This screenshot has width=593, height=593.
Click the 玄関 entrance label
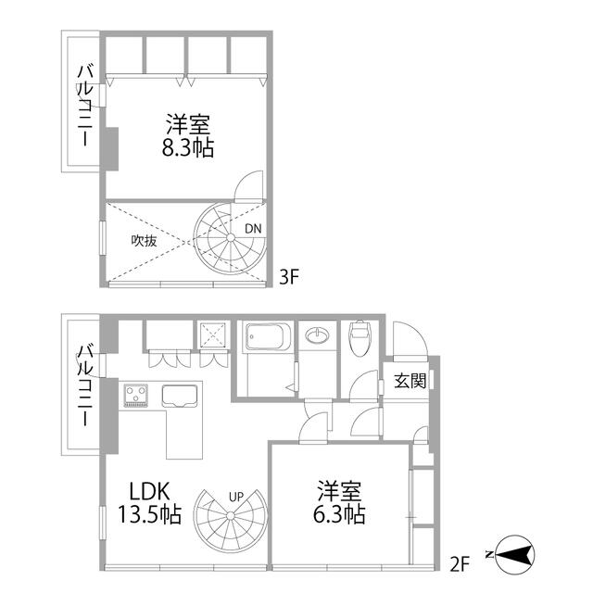click(410, 381)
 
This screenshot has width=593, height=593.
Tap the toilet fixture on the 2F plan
click(360, 337)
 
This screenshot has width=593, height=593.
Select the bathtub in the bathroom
click(268, 336)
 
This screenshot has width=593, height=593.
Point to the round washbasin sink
click(317, 335)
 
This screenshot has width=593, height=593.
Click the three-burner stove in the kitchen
click(136, 396)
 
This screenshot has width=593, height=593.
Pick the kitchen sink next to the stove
click(180, 396)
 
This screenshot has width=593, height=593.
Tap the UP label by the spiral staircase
click(236, 497)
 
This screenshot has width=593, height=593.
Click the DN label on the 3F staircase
click(253, 229)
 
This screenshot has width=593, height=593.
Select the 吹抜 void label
click(145, 241)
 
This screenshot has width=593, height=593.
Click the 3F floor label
click(289, 277)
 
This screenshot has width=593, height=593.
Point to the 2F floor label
click(460, 563)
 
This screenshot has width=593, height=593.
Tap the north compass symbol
click(515, 555)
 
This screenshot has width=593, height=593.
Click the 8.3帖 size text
click(188, 147)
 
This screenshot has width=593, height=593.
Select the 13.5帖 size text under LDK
click(150, 514)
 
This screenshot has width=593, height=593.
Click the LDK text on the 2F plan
click(149, 491)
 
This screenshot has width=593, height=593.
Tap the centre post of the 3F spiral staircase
click(231, 237)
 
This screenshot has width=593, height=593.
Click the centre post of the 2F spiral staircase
click(231, 517)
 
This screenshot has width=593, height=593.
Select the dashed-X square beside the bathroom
click(214, 334)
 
